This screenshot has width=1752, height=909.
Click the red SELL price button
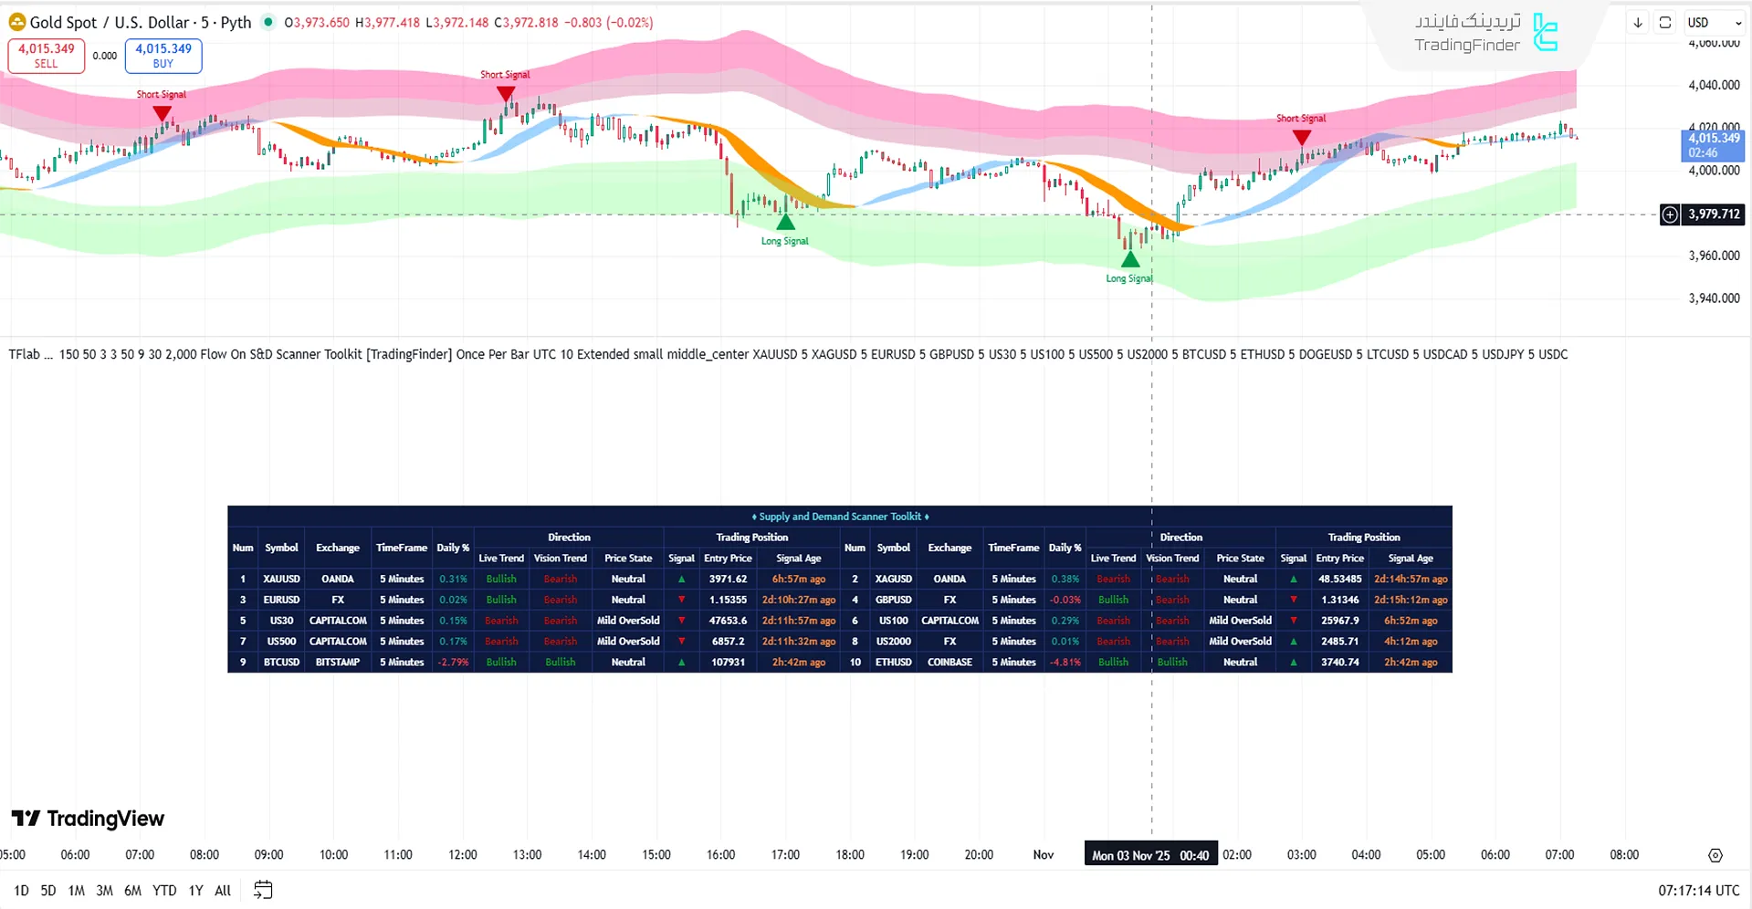pos(46,56)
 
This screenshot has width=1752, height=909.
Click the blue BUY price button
pos(163,56)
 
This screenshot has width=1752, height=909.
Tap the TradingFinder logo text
pos(1467,45)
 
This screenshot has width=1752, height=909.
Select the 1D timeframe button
pos(21,891)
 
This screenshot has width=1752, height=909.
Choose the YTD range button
pos(164,891)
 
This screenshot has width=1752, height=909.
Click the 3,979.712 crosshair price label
pos(1713,214)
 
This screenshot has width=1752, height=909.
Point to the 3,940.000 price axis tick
pos(1713,298)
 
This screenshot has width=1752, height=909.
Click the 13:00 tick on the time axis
pos(527,855)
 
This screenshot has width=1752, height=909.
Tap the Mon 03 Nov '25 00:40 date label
pos(1149,855)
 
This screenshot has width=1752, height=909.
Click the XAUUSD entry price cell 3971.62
pos(728,579)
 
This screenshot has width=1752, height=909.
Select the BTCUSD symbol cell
pos(281,663)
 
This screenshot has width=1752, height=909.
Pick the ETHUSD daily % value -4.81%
pos(1065,663)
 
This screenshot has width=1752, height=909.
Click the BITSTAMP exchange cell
pos(338,663)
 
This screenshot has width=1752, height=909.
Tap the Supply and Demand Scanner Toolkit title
pos(839,517)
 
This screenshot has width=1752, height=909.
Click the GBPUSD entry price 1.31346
pos(1339,600)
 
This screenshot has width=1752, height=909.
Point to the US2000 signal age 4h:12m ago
pos(1410,642)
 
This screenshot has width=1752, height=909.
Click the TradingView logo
pos(88,819)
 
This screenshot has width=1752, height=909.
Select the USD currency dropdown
pos(1714,23)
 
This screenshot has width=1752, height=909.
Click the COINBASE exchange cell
pos(949,663)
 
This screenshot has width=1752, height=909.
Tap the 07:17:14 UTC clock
pos(1698,891)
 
